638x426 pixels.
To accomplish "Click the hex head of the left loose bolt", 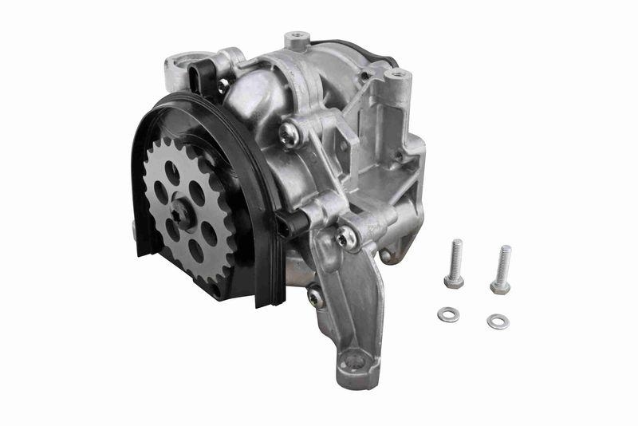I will (454, 281).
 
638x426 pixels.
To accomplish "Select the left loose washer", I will (447, 314).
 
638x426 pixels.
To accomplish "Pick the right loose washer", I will (498, 321).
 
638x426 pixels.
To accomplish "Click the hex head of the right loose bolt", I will (500, 286).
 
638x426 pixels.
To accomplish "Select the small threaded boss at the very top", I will (297, 37).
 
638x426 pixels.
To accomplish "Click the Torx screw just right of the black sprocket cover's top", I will (289, 134).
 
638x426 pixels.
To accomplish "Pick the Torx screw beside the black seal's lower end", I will (315, 296).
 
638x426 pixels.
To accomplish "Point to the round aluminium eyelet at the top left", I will (176, 66).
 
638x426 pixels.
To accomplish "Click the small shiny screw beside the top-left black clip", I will (223, 83).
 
